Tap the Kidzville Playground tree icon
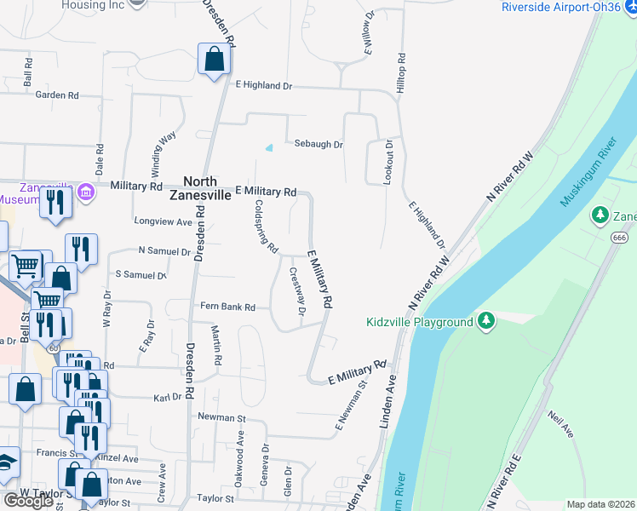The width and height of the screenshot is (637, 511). point(486,321)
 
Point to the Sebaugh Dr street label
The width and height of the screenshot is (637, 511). point(318,145)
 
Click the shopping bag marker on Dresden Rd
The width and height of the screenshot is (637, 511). point(214,60)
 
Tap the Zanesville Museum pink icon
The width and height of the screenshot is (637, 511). point(85,192)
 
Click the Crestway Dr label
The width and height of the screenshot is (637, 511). point(296,291)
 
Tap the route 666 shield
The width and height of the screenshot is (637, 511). point(619,238)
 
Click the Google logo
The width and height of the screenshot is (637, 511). point(28,501)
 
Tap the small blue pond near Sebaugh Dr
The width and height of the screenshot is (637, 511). point(269,147)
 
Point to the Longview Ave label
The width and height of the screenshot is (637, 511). point(164,221)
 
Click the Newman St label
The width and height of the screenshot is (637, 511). point(221,418)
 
